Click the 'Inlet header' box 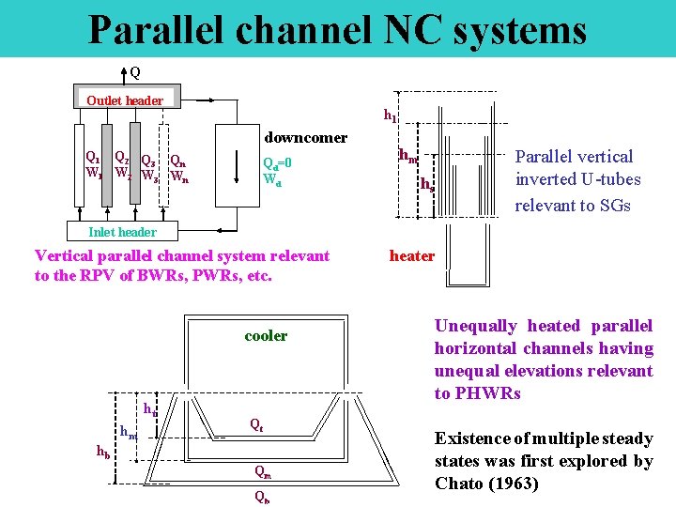(x=122, y=232)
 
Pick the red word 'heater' (x=412, y=255)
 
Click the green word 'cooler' (x=266, y=335)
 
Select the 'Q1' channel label (x=92, y=158)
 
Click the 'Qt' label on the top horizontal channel (x=255, y=423)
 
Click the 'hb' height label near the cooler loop (x=103, y=451)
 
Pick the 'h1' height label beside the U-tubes (x=390, y=115)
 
